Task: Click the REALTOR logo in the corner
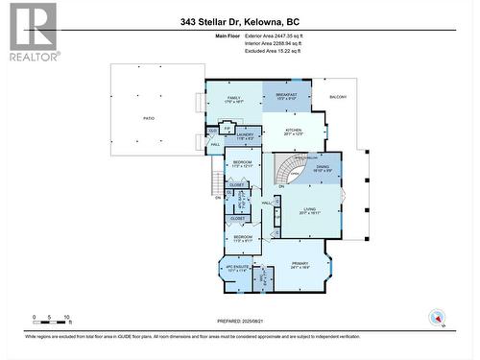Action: pos(31,32)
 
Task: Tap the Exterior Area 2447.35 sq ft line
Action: pos(279,36)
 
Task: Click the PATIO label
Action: pos(150,119)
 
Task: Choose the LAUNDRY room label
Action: pos(248,135)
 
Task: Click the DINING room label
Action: pos(324,166)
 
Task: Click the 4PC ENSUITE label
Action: pos(236,269)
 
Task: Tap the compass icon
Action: pos(439,317)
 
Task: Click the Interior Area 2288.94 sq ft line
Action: pos(278,43)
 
